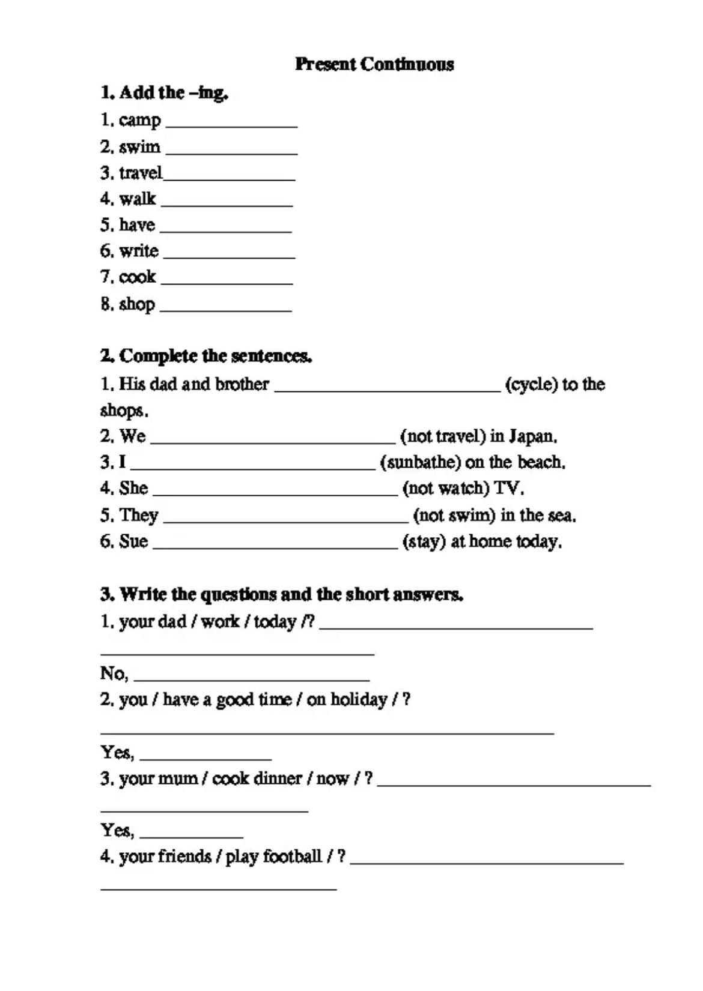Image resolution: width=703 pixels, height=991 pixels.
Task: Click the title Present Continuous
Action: [374, 64]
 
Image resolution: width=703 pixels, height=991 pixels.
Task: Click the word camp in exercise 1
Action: [139, 120]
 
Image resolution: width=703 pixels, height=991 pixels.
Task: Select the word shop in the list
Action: [137, 304]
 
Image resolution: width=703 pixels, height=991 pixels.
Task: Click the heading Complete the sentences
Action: [205, 356]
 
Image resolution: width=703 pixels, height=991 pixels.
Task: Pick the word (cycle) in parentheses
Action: [531, 384]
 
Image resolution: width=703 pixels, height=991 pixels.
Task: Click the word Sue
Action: [133, 541]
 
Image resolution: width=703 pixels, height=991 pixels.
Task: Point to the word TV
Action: [507, 489]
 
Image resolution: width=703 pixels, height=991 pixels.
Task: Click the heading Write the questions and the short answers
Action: [281, 594]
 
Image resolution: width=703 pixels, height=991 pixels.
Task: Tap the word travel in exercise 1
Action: [141, 173]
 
